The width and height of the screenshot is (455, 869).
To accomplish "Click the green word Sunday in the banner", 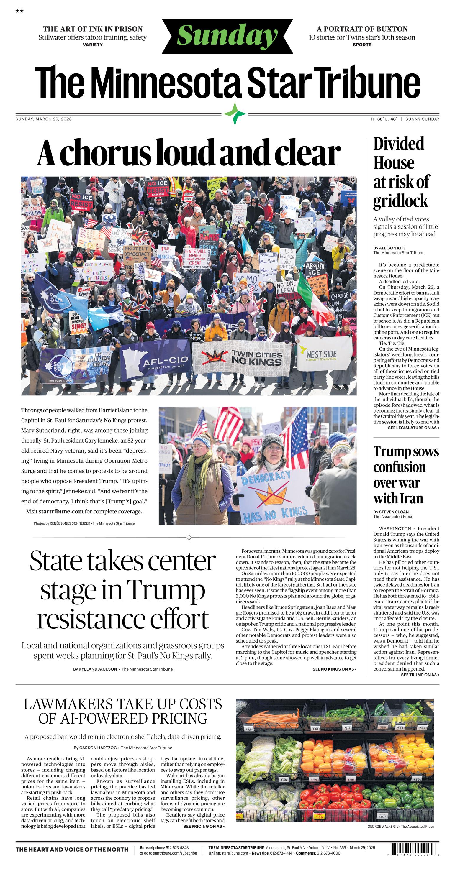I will [227, 36].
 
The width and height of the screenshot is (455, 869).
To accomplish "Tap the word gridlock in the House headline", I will [400, 201].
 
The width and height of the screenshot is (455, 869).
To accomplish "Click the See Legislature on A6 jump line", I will [413, 428].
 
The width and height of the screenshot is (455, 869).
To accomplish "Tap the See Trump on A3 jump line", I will [420, 675].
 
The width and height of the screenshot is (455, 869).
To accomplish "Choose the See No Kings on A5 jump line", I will [334, 669].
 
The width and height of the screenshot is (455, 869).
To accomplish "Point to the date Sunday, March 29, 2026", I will [44, 119].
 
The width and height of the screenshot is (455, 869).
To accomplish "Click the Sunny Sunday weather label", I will [422, 119].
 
